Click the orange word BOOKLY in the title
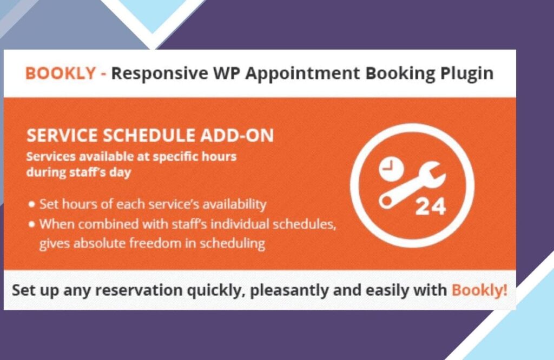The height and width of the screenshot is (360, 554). (x=61, y=74)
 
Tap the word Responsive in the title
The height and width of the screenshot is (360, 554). (x=160, y=74)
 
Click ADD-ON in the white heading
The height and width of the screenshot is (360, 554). (x=237, y=136)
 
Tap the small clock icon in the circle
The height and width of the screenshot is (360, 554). (x=392, y=169)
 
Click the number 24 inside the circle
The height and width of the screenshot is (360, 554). (x=430, y=207)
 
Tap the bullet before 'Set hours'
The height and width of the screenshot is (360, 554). (x=32, y=204)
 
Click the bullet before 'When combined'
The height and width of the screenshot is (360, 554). (x=32, y=224)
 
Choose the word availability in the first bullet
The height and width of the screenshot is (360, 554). (x=234, y=204)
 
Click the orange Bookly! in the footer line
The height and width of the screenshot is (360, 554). (x=479, y=290)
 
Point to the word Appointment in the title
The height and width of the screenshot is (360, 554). (x=302, y=74)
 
